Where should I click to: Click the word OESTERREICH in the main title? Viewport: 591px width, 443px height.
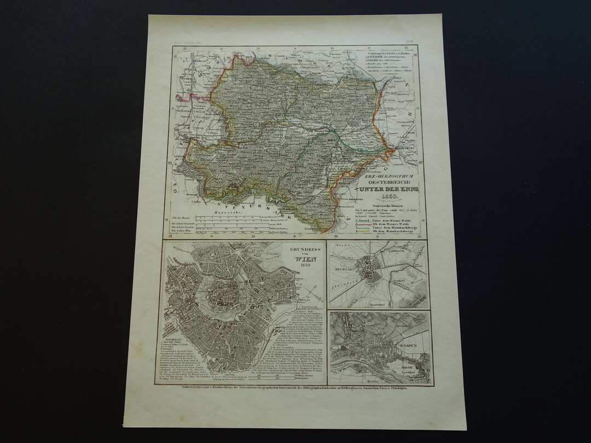point(390,183)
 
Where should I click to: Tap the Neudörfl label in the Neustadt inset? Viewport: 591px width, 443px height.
point(398,279)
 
